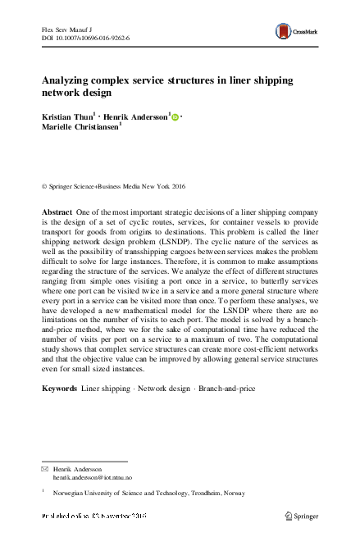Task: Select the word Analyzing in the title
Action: [x=69, y=81]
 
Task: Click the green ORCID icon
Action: [x=175, y=118]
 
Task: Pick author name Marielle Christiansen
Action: [x=80, y=129]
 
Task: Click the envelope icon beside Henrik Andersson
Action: [x=45, y=467]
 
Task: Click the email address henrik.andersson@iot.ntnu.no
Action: [x=93, y=476]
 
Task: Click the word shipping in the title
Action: [x=270, y=81]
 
